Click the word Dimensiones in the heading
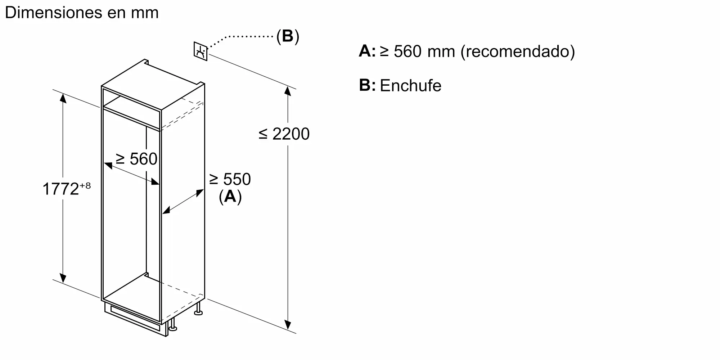(x=53, y=13)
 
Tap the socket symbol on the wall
(x=201, y=51)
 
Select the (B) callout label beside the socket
(x=288, y=36)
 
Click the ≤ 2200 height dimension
(x=284, y=134)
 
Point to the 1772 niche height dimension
(x=60, y=189)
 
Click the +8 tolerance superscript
(x=85, y=185)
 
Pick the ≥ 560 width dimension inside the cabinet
(x=136, y=159)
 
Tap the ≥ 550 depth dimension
(x=230, y=179)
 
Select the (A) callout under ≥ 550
(x=230, y=197)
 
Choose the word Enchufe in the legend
(x=411, y=86)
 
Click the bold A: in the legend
(x=367, y=51)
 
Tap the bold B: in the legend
(x=367, y=85)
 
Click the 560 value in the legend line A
(x=408, y=51)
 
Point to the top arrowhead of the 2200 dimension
(x=288, y=90)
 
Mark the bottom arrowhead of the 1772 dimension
(x=63, y=278)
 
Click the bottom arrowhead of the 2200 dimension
(x=288, y=325)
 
